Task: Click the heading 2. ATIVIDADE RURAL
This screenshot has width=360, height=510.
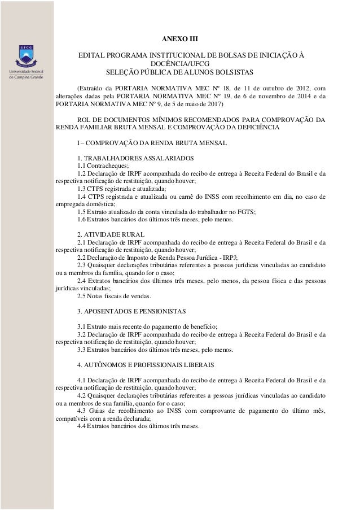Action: coord(111,233)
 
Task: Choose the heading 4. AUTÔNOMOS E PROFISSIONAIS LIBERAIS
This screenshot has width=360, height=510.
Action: coord(145,365)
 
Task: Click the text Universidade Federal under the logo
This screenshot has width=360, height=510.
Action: coord(27,72)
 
